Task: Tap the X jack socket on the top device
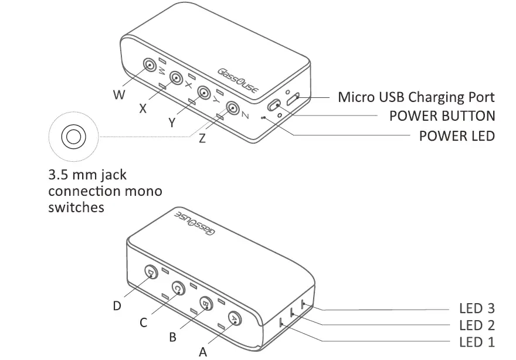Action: (x=176, y=78)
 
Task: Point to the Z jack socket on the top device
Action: (x=233, y=108)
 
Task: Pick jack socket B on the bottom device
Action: (x=206, y=303)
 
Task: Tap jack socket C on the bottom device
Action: (x=178, y=288)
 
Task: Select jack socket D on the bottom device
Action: (x=151, y=272)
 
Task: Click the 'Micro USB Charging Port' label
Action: (x=416, y=97)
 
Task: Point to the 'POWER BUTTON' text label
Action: (x=442, y=116)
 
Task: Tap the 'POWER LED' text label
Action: (x=457, y=135)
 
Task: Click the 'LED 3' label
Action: (x=477, y=308)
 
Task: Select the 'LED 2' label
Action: (x=477, y=325)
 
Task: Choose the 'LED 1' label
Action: (x=477, y=342)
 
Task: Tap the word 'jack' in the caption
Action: (x=111, y=175)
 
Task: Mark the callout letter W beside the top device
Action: (x=119, y=94)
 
